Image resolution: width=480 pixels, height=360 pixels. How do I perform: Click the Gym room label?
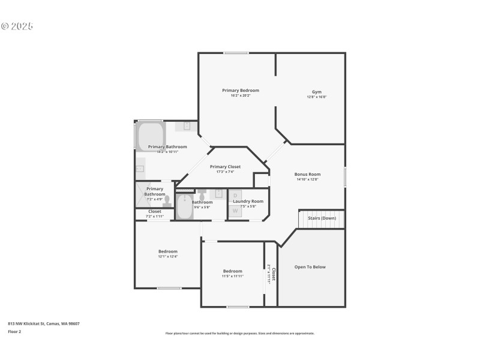316,92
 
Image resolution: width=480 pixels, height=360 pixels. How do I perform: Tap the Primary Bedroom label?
241,91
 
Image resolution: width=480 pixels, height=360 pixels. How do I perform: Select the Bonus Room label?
308,174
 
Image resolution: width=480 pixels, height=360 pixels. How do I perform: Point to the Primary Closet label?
225,167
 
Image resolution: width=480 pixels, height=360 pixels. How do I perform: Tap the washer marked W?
235,211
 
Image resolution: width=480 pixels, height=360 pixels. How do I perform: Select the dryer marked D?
235,196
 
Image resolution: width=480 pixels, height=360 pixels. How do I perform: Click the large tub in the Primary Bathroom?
150,136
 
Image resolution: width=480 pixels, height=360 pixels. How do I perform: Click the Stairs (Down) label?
322,218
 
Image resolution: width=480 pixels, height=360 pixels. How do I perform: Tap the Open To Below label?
310,267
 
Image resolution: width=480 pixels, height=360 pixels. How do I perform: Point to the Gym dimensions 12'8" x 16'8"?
316,97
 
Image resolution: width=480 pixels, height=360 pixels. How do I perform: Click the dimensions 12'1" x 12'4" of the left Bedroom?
168,257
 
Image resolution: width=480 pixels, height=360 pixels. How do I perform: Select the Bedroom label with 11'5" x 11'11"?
233,271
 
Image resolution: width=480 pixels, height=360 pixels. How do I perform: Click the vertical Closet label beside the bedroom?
274,274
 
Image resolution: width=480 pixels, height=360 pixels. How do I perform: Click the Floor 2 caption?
14,331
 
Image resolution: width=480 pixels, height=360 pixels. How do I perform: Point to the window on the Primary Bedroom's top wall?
236,53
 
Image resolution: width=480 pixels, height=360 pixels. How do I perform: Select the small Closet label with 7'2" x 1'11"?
155,211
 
